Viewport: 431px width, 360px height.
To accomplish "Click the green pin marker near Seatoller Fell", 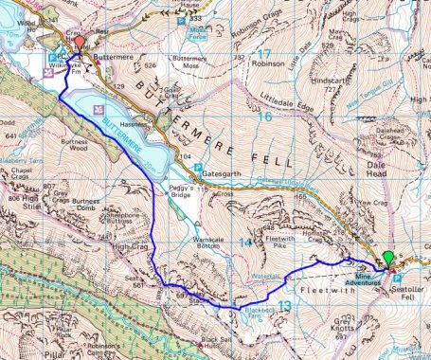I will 388,259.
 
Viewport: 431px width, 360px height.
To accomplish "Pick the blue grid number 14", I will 245,243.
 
